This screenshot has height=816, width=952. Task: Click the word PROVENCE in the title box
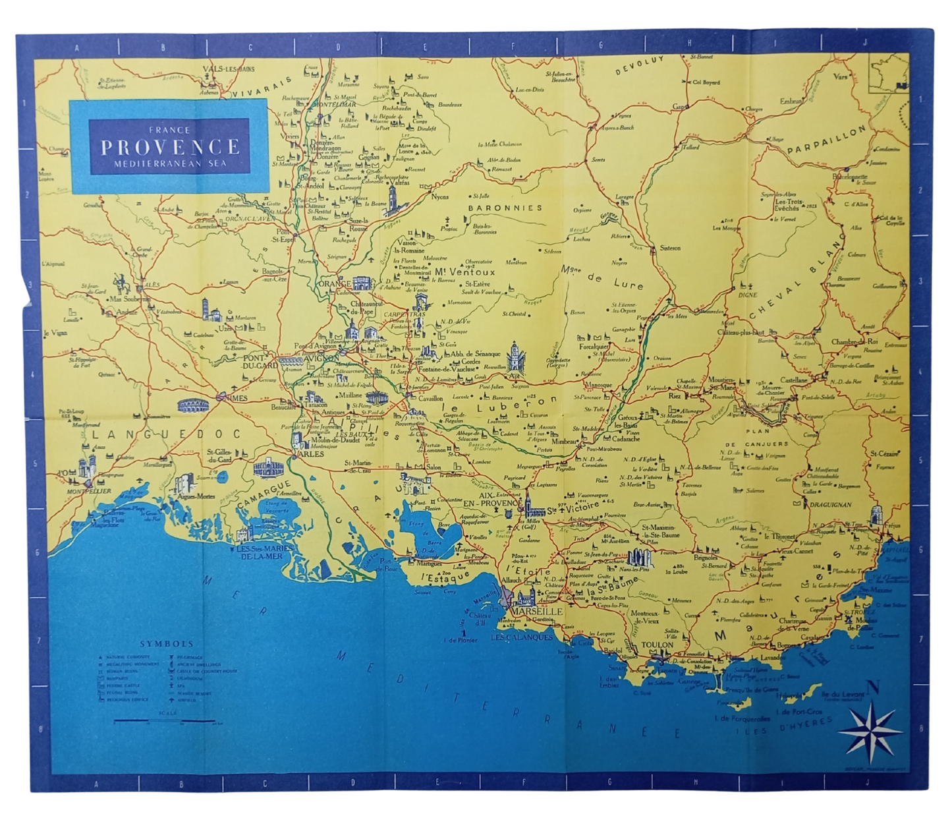click(x=169, y=146)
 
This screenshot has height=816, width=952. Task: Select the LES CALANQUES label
click(x=522, y=637)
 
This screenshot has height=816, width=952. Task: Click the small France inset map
click(x=889, y=72)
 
